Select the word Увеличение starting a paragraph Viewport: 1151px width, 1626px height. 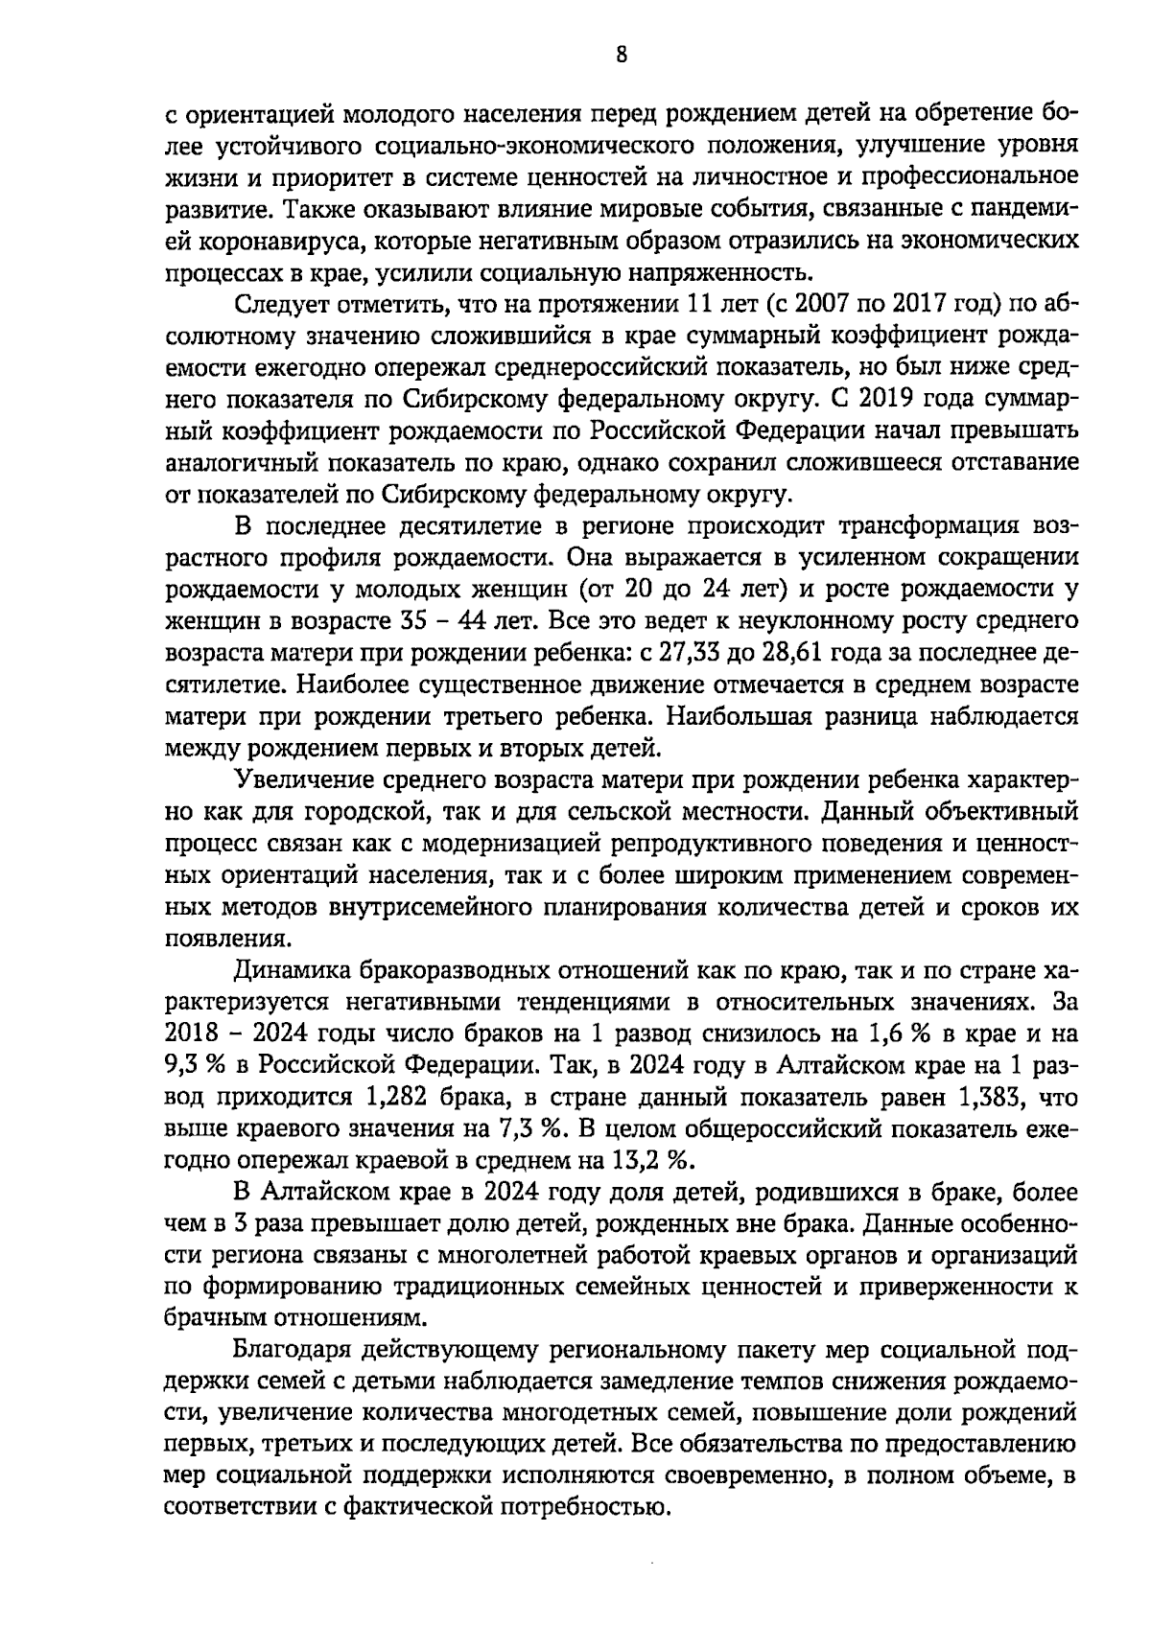tap(301, 780)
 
